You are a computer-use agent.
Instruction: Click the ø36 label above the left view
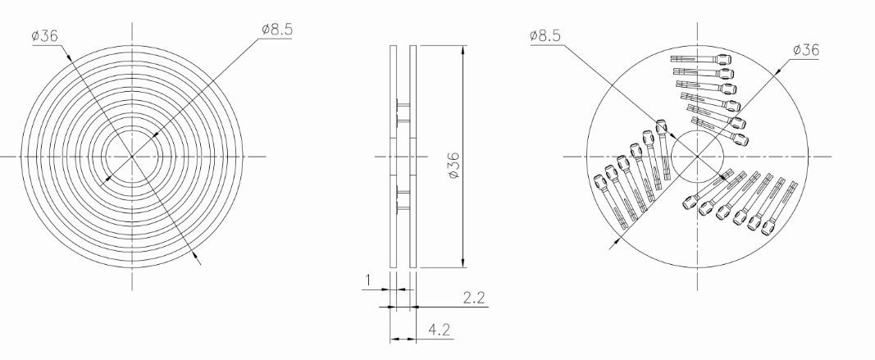pyautogui.click(x=44, y=36)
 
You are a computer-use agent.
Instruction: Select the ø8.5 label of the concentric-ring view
pyautogui.click(x=277, y=30)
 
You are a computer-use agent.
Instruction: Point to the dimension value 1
pyautogui.click(x=367, y=280)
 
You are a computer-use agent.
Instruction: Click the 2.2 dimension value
pyautogui.click(x=473, y=298)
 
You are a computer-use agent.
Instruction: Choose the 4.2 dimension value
pyautogui.click(x=439, y=330)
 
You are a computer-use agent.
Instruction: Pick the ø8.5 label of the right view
pyautogui.click(x=545, y=36)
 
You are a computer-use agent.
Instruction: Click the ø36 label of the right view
pyautogui.click(x=806, y=50)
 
